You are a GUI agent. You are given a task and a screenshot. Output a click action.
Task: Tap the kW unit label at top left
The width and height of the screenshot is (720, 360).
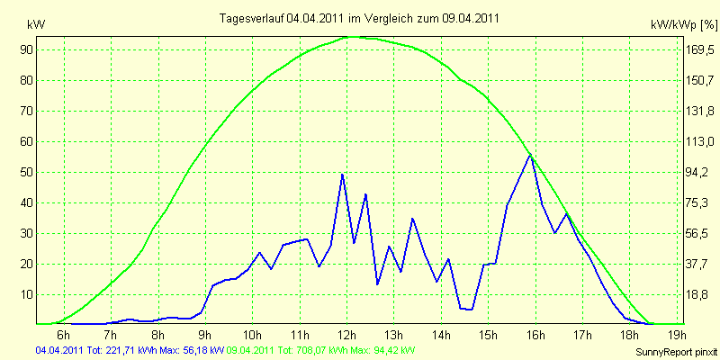pos(36,25)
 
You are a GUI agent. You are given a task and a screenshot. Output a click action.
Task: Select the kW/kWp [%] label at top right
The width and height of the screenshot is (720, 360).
pos(684,25)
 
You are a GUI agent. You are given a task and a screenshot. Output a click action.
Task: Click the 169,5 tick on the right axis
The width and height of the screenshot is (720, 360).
pos(699,49)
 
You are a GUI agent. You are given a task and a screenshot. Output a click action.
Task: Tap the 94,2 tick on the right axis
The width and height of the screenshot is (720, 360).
pos(696,172)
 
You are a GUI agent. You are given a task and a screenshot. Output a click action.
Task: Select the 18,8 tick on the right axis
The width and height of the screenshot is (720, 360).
pos(696,295)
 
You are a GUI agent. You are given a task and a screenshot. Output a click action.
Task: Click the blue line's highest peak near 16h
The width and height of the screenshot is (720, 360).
pos(530,154)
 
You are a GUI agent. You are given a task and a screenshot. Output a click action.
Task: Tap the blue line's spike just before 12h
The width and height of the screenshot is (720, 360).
pos(342,175)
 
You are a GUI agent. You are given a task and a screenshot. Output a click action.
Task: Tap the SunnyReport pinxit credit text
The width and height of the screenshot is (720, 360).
pos(676,352)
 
